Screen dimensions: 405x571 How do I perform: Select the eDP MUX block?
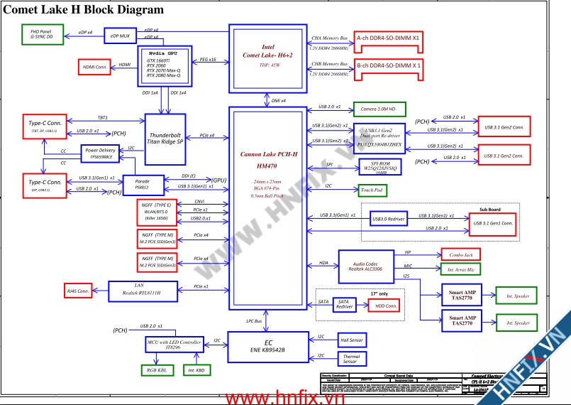(120, 36)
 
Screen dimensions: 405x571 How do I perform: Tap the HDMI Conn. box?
(94, 67)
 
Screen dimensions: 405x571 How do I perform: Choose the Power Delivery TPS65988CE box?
(100, 153)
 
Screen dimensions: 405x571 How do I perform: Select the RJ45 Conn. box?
(78, 291)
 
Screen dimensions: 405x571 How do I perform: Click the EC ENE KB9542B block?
(268, 346)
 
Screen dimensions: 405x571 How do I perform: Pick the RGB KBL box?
(157, 370)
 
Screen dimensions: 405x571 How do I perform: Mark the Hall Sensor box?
(352, 340)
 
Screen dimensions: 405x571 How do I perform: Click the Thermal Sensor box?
(351, 359)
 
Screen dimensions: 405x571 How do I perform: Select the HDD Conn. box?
(384, 305)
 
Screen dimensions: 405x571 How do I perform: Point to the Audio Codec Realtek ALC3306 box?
(365, 265)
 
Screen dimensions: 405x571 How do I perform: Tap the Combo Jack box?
(461, 254)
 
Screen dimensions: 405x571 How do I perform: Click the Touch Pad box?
(372, 190)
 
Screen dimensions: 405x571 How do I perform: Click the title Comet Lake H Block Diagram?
(84, 10)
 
